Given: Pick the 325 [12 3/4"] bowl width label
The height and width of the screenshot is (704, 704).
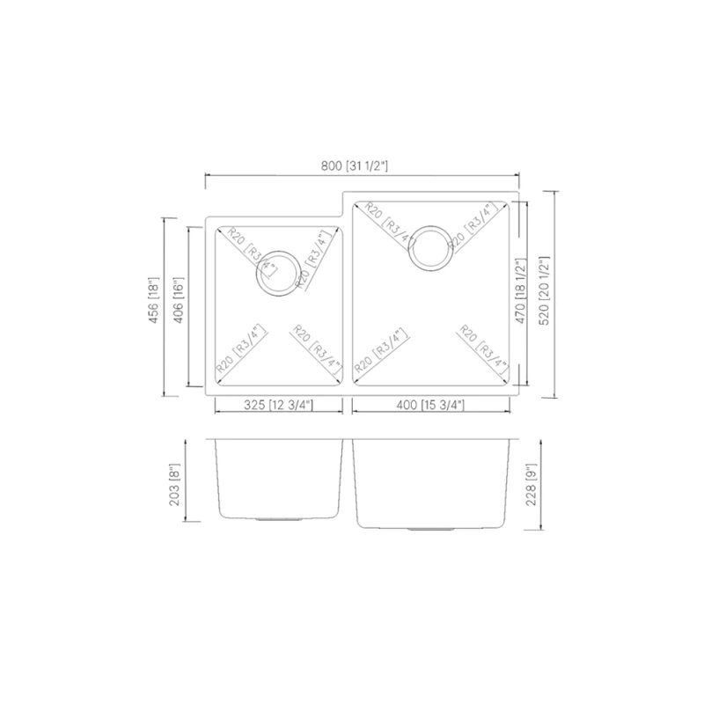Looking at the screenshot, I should tap(278, 405).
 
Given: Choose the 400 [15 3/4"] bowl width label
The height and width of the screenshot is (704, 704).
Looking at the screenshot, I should tap(430, 405).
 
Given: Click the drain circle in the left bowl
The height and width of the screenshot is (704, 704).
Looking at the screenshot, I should tap(275, 271).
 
